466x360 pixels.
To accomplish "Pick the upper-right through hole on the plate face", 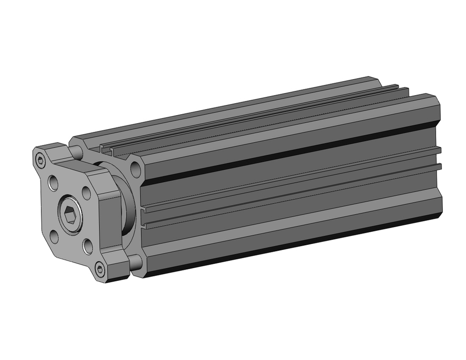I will (86, 191).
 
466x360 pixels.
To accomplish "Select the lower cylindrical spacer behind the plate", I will (135, 263).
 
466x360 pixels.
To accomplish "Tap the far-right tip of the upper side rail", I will (439, 151).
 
